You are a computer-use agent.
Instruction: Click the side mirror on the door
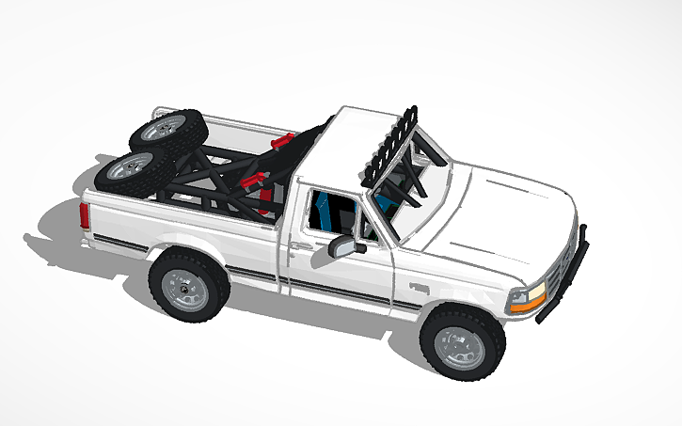coord(343,246)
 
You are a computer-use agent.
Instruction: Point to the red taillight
coord(86,216)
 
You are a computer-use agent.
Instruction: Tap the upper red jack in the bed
coord(281,142)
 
